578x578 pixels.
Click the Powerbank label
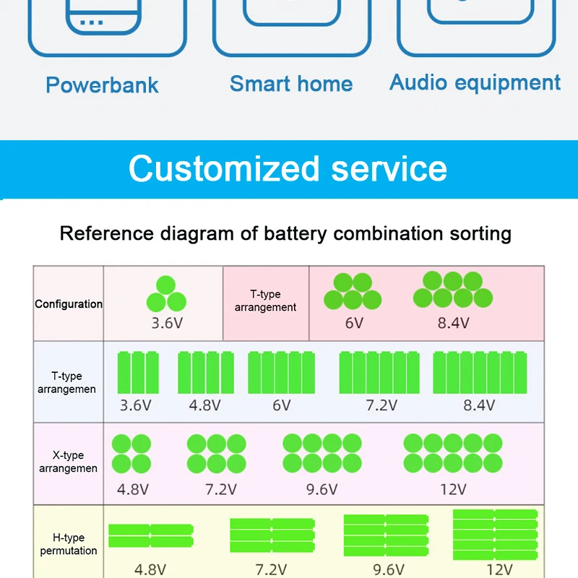pos(102,85)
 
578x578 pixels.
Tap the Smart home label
pos(291,84)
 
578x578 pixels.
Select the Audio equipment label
pos(475,82)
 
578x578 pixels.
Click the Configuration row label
pos(69,304)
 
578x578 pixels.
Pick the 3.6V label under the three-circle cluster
pos(167,323)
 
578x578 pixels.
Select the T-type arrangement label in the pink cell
pos(265,301)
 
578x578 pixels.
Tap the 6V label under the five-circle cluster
pos(354,323)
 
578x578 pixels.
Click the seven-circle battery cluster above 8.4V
pos(453,289)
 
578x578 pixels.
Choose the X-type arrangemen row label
pos(69,462)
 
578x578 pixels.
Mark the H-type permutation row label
pos(69,544)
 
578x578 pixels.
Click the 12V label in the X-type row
pos(453,490)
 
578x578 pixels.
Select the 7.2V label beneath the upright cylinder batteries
pos(380,405)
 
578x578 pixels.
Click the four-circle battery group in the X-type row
pos(131,454)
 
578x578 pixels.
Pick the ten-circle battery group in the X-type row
pos(453,453)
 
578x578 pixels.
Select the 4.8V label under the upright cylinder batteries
pos(205,405)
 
